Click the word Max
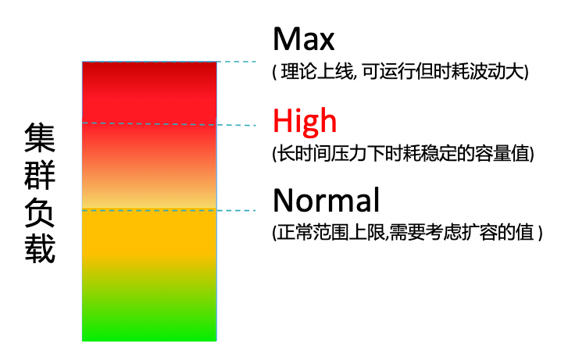[x=304, y=39]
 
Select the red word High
[x=305, y=121]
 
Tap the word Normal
[x=326, y=200]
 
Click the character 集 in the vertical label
[x=40, y=137]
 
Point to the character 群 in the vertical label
[x=40, y=175]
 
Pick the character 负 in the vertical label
[x=40, y=212]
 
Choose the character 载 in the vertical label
[x=40, y=250]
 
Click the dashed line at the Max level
[x=170, y=62]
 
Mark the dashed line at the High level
[x=170, y=124]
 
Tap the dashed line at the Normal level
[x=170, y=210]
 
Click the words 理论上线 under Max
[x=317, y=71]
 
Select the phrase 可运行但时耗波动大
[x=444, y=71]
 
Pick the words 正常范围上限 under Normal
[x=330, y=232]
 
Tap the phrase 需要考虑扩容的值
[x=461, y=232]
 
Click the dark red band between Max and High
[x=149, y=92]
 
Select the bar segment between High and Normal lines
[x=149, y=166]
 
